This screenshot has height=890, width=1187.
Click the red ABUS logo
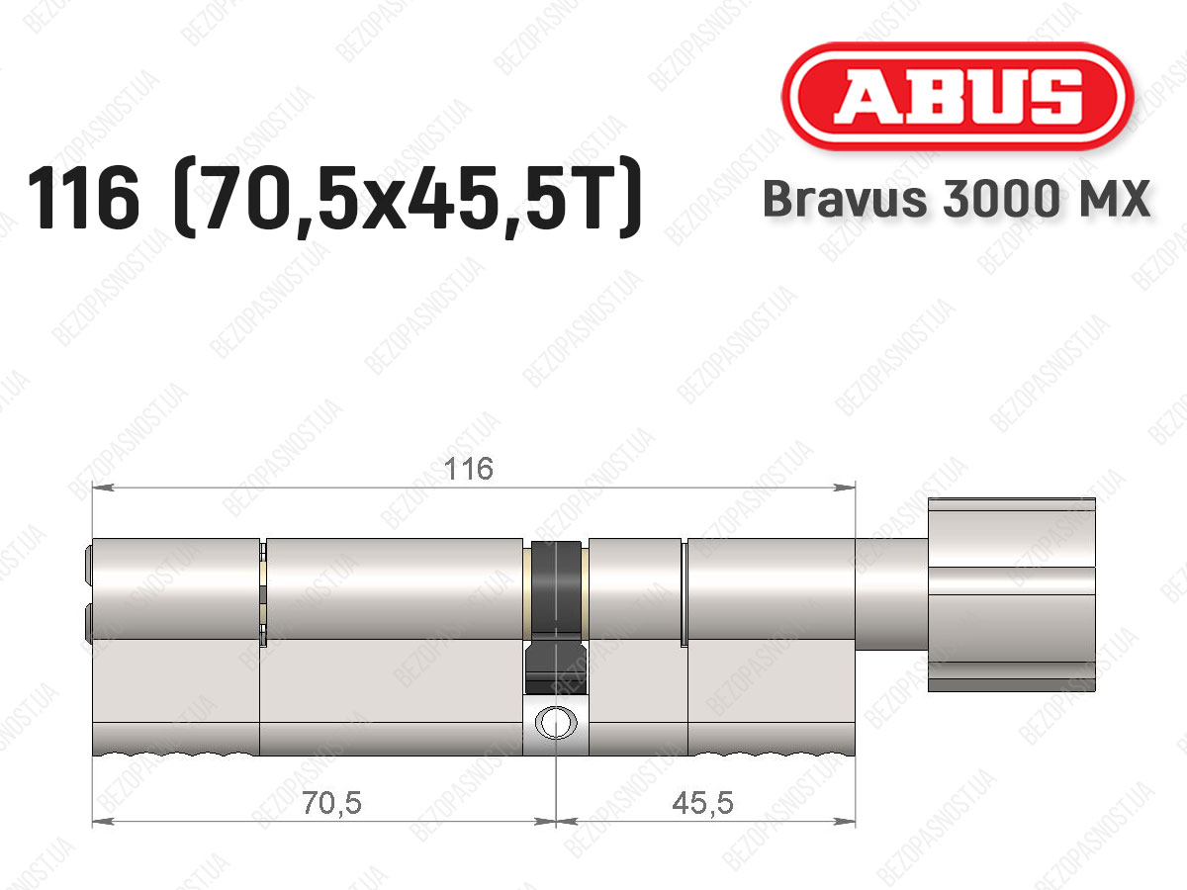958,96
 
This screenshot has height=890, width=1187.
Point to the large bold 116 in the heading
84,198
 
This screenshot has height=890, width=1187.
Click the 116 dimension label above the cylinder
468,469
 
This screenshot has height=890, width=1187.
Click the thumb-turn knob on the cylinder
1012,594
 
